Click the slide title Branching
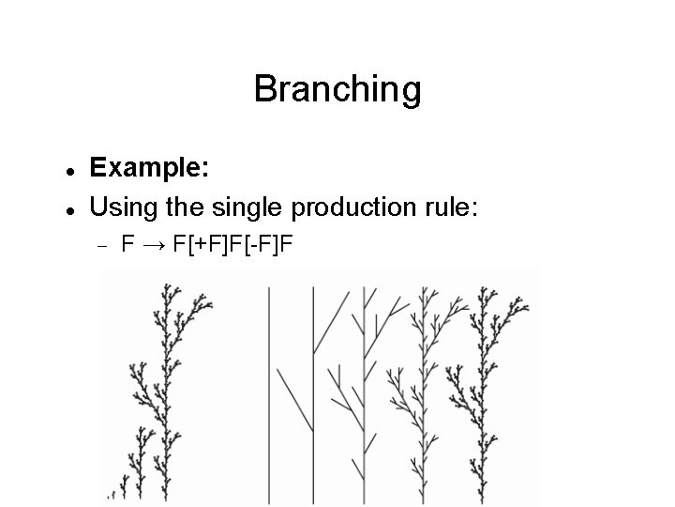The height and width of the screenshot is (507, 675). click(x=337, y=90)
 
